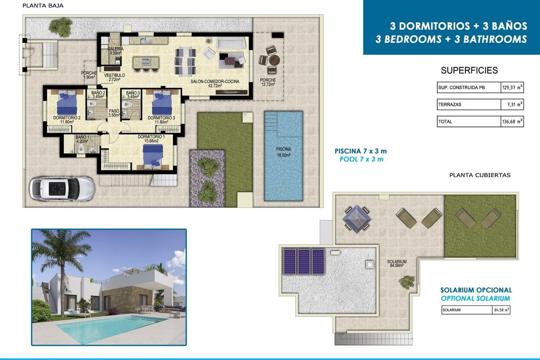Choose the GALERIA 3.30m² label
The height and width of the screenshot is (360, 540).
[x=115, y=51]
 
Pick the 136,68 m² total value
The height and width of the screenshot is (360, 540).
[x=511, y=121]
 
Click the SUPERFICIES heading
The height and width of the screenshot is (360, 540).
[x=469, y=70]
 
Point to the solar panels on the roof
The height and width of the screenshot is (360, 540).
[x=304, y=261]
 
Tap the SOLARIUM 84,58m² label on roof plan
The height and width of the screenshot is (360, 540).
[x=396, y=264]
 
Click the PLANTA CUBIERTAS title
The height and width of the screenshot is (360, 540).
[x=480, y=175]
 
